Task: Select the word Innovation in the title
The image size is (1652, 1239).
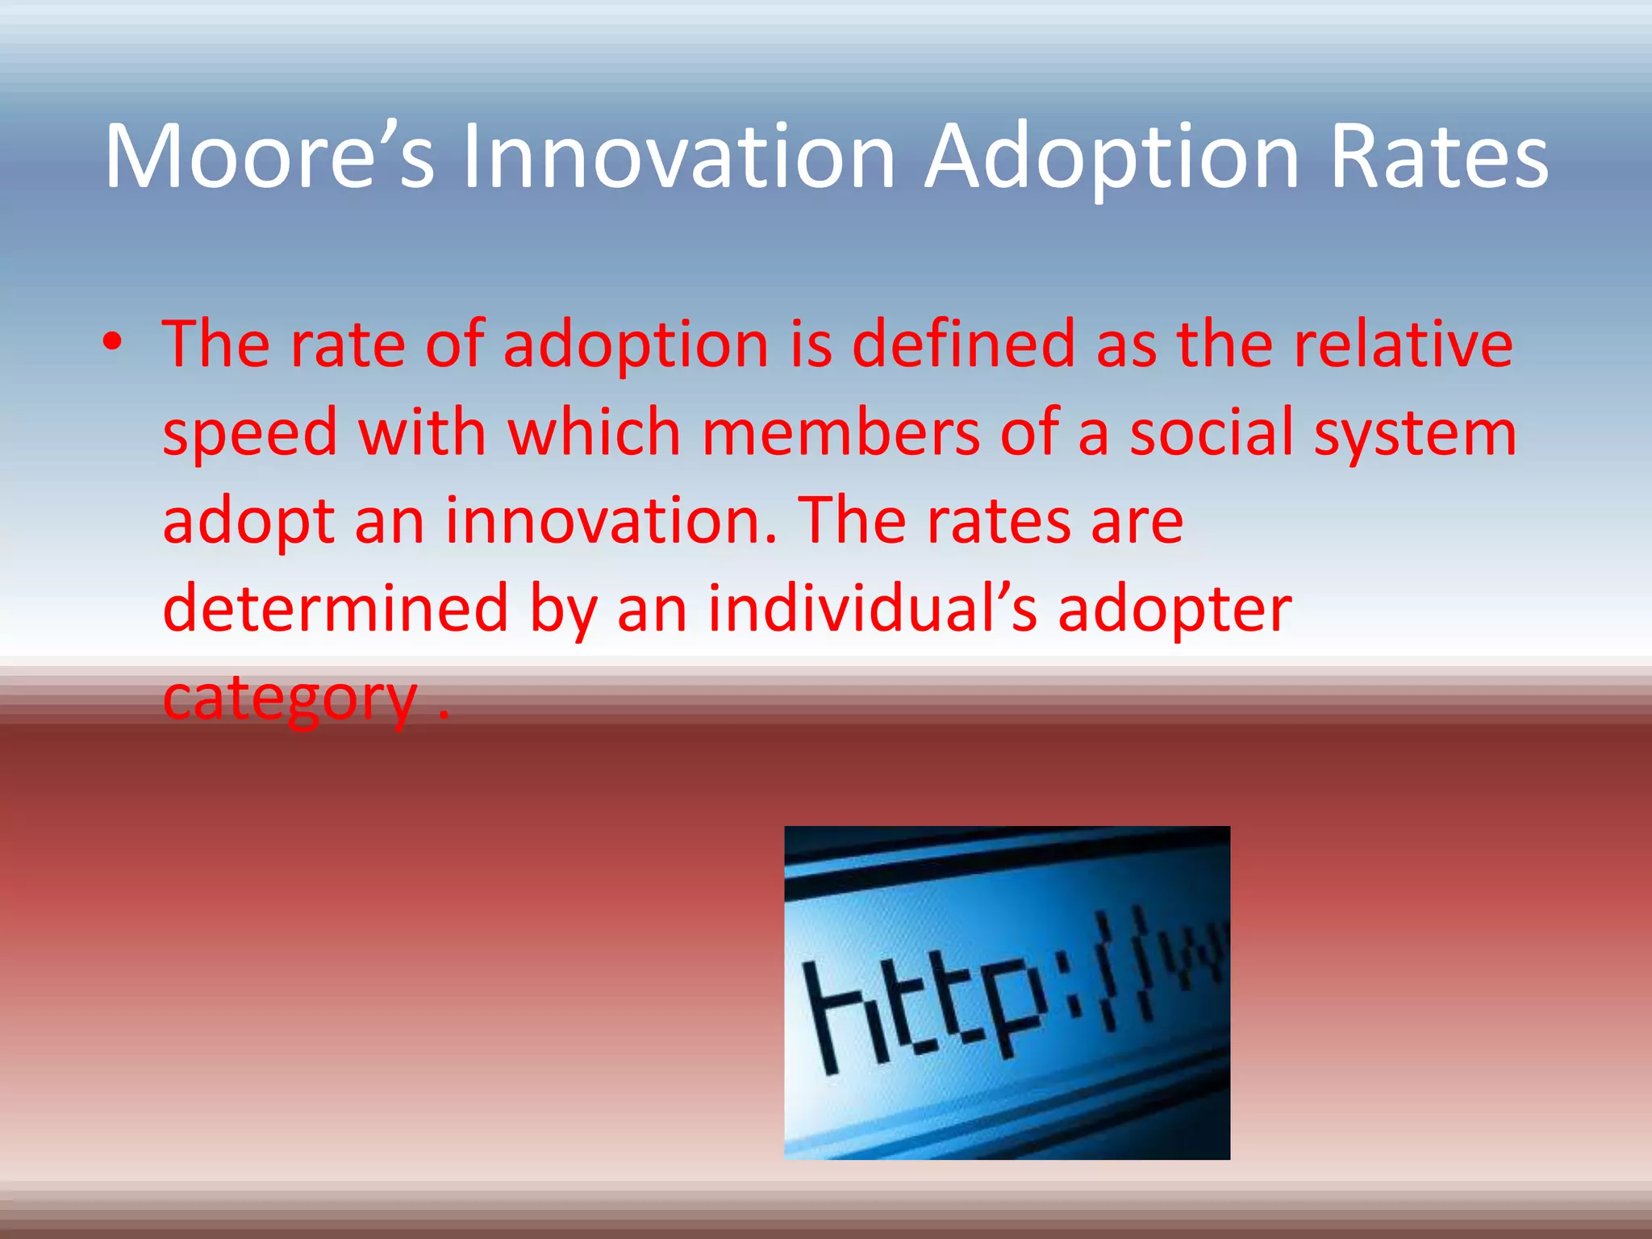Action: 678,157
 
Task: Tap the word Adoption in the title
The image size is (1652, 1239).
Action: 1112,157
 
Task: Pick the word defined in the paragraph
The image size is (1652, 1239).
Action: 963,345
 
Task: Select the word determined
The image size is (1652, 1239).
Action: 335,609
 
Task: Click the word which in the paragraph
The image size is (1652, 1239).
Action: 594,433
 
